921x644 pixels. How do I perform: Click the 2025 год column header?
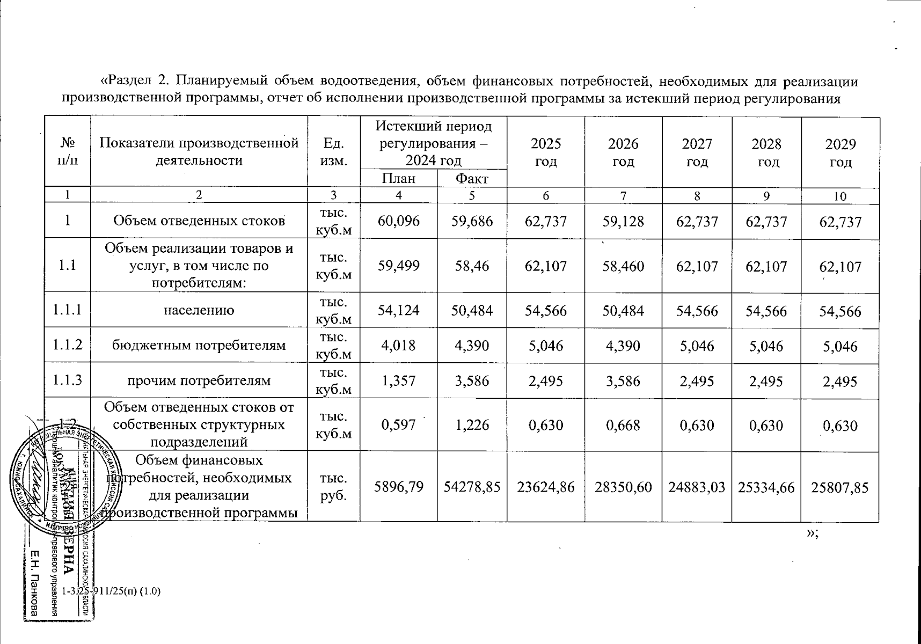(546, 152)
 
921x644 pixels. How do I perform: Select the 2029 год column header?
(840, 152)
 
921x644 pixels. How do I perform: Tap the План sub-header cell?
(398, 178)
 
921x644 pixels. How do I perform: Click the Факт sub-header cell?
(471, 179)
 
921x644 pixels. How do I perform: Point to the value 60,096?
(398, 221)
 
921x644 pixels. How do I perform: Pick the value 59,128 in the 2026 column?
(623, 221)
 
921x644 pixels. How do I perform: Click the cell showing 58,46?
(472, 266)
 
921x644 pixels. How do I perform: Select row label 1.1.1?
(68, 310)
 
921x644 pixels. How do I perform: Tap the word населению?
(199, 310)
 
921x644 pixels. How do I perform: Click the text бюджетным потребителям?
(199, 345)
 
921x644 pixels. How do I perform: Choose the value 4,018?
(398, 345)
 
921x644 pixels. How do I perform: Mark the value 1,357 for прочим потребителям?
(398, 380)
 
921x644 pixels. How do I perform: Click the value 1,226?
(472, 425)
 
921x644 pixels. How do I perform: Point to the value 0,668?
(623, 425)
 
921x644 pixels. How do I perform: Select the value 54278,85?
(472, 487)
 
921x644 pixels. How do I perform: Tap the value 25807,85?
(840, 487)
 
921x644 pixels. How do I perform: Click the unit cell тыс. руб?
(333, 487)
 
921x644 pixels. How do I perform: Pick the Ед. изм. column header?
(333, 152)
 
